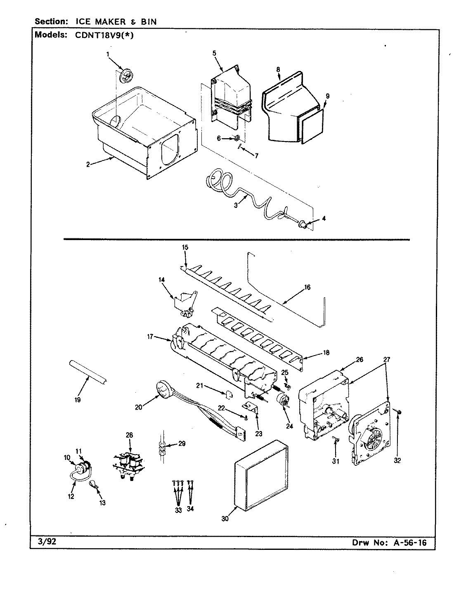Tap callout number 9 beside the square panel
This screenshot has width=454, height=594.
coord(327,96)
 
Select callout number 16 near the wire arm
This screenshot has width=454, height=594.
coord(307,287)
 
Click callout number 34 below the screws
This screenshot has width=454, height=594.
coord(190,509)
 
